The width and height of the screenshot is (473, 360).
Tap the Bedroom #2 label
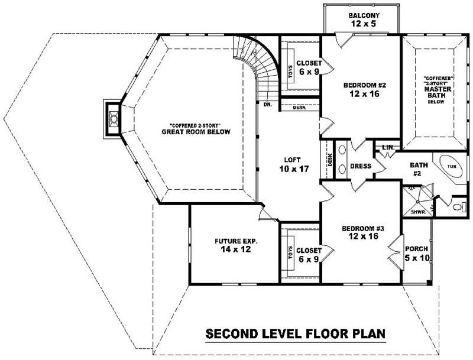pyautogui.click(x=361, y=89)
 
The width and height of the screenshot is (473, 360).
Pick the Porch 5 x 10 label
pyautogui.click(x=416, y=252)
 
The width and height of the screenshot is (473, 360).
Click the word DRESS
pyautogui.click(x=360, y=166)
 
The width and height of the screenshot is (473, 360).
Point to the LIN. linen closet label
pyautogui.click(x=388, y=147)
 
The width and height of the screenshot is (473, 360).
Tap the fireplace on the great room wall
pyautogui.click(x=112, y=118)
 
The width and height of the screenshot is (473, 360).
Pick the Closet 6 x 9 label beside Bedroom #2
pyautogui.click(x=309, y=67)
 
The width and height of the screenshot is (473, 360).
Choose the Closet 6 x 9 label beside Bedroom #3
pyautogui.click(x=309, y=254)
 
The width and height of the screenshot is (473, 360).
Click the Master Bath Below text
pyautogui.click(x=438, y=89)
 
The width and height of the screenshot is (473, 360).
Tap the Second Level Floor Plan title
pyautogui.click(x=296, y=335)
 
